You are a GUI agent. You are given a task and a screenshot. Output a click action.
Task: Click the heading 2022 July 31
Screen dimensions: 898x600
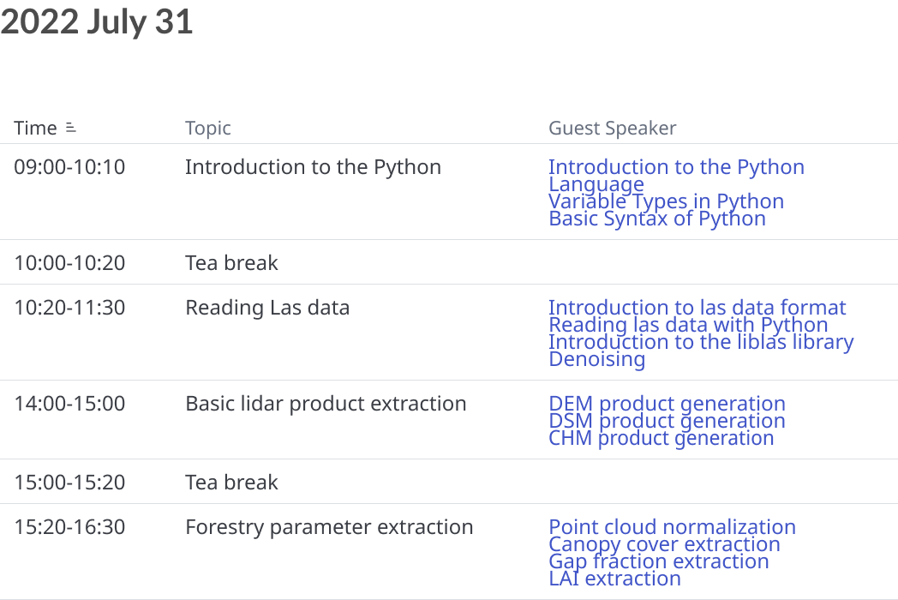point(96,21)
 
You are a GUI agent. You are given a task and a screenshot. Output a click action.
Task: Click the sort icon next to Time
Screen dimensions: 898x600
point(70,127)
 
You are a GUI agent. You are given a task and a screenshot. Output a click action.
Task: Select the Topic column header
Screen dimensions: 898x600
point(208,129)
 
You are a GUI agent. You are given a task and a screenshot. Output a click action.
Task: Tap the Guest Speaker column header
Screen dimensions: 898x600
point(612,129)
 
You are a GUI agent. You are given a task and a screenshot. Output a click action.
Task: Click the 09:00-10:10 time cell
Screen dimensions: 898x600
point(69,167)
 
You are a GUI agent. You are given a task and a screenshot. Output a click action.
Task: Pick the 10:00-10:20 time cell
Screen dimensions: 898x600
point(69,262)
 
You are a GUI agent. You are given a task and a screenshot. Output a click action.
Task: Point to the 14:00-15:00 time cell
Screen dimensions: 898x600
point(69,404)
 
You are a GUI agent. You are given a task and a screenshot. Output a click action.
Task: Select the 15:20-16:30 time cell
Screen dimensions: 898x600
point(69,526)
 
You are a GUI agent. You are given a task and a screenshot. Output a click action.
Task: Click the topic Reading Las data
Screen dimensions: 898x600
point(267,308)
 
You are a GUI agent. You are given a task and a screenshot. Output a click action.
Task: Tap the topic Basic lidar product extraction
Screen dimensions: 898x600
point(326,404)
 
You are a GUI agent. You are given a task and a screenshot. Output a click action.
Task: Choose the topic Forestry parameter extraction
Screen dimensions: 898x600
point(329,527)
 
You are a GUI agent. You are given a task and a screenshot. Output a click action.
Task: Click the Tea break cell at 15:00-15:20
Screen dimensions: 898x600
point(231,483)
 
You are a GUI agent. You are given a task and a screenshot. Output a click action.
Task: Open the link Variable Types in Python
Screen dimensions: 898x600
point(666,201)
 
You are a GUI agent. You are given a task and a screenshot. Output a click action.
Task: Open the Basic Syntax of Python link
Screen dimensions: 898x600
point(657,219)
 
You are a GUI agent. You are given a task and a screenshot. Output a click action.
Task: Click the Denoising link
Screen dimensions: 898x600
point(596,359)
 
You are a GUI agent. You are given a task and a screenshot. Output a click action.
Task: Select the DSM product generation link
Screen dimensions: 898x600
point(667,421)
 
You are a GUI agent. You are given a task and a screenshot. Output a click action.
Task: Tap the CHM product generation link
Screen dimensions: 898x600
point(661,438)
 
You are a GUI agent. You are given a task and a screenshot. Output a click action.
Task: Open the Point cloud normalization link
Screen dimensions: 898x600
point(673,526)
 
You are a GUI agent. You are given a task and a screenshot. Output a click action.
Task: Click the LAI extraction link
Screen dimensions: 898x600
point(614,579)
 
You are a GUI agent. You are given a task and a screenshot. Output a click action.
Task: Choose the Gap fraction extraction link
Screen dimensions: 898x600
point(659,561)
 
